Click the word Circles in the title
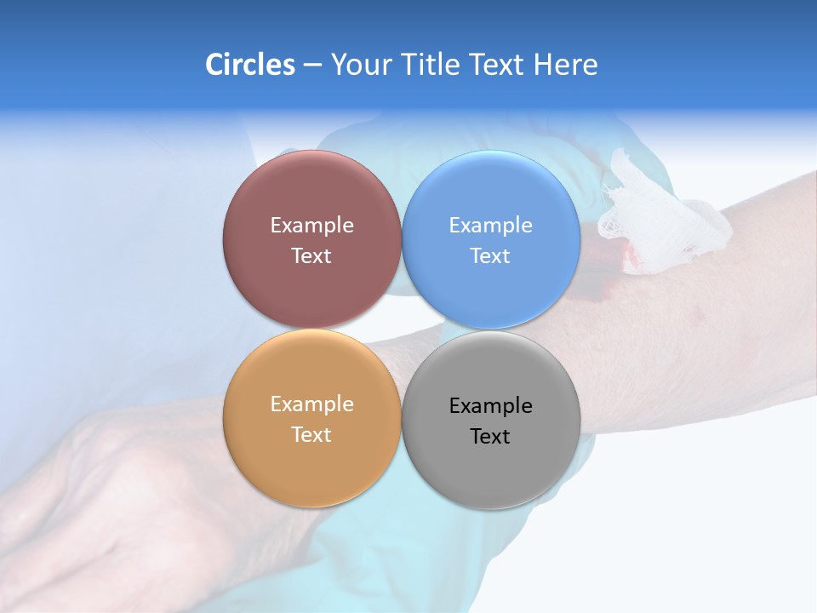pyautogui.click(x=250, y=65)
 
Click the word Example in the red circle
pyautogui.click(x=311, y=226)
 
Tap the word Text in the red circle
pyautogui.click(x=311, y=256)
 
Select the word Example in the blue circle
pyautogui.click(x=490, y=226)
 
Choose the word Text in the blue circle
pyautogui.click(x=490, y=256)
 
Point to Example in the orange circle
pyautogui.click(x=311, y=404)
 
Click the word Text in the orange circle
pyautogui.click(x=311, y=435)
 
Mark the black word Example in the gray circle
pyautogui.click(x=490, y=406)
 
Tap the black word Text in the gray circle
pyautogui.click(x=490, y=437)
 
